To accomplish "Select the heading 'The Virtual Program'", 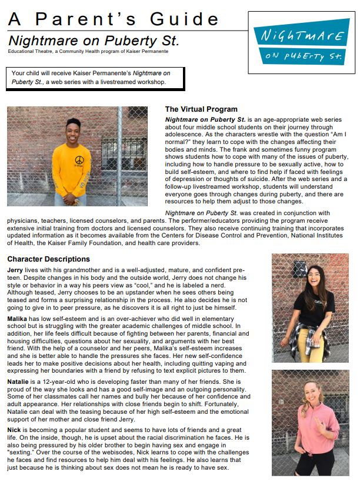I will (201, 109).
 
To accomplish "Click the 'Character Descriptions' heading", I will (48, 259).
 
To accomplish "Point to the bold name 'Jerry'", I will (15, 269).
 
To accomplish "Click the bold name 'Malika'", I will (18, 317).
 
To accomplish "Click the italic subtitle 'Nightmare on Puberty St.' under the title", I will (94, 42).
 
